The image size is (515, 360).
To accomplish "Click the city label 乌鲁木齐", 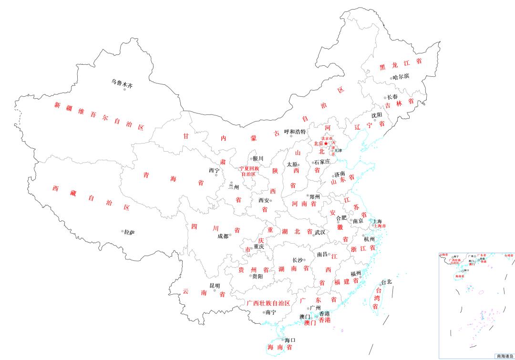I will pyautogui.click(x=122, y=82).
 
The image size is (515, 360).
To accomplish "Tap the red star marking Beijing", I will pyautogui.click(x=326, y=144).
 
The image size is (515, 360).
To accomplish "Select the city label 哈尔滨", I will pyautogui.click(x=401, y=76).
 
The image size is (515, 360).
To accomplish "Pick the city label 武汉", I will pyautogui.click(x=319, y=232).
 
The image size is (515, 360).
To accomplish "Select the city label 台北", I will pyautogui.click(x=386, y=282).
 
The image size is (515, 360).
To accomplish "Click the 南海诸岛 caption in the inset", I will pyautogui.click(x=505, y=356).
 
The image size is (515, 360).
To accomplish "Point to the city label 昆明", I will pyautogui.click(x=215, y=286).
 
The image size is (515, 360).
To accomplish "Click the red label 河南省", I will pyautogui.click(x=304, y=204).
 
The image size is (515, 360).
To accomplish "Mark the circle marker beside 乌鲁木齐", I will pyautogui.click(x=124, y=90).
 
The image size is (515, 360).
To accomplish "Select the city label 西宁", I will pyautogui.click(x=214, y=170).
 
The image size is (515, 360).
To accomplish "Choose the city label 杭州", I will pyautogui.click(x=369, y=240).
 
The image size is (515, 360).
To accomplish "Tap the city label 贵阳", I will pyautogui.click(x=257, y=276).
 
